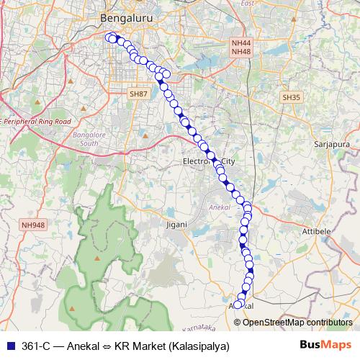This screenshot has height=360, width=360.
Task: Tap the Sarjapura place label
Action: point(330,143)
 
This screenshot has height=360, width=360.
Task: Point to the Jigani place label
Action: point(176,225)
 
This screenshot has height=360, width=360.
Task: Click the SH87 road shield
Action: point(137,94)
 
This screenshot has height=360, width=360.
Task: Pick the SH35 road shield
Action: point(291,96)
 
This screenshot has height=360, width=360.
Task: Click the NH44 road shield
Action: point(240,43)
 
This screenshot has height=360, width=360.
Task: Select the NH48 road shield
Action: point(240,52)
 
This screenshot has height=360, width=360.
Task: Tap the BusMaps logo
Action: point(325,346)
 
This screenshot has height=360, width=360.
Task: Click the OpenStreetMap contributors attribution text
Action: point(297,323)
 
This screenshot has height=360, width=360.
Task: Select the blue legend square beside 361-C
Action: point(9,346)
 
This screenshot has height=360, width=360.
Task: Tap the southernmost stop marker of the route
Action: point(238,305)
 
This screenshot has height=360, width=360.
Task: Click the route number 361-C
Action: point(37,346)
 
